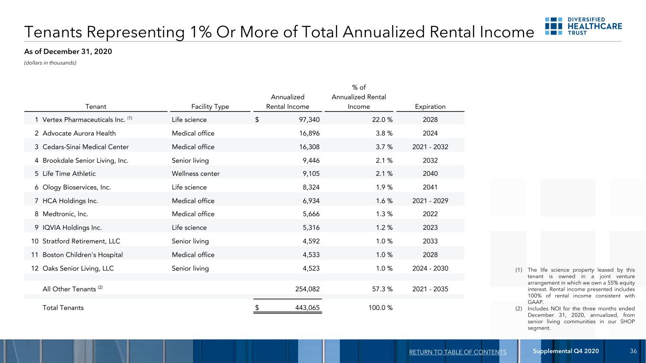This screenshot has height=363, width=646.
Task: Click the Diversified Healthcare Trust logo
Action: click(583, 26)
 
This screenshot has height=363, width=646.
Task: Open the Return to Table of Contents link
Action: click(458, 352)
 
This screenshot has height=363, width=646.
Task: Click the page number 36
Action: click(633, 351)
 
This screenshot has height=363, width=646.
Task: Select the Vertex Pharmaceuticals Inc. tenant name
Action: click(84, 120)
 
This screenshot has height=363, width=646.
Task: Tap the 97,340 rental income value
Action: click(309, 120)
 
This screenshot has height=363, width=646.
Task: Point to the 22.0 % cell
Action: click(382, 120)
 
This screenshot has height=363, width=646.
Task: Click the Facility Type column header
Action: click(210, 107)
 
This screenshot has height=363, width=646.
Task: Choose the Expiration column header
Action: click(430, 107)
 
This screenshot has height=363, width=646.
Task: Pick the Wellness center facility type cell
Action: click(195, 174)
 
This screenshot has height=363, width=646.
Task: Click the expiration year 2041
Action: click(430, 187)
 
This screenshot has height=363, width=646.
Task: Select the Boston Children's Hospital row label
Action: click(83, 255)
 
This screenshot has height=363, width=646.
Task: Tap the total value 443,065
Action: click(308, 308)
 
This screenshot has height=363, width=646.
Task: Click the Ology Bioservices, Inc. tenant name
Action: click(77, 187)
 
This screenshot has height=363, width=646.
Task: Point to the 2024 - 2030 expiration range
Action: click(430, 268)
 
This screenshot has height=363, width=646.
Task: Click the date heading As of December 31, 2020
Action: click(68, 52)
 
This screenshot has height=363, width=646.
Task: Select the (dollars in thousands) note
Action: click(50, 63)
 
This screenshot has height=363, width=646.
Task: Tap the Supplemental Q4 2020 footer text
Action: click(566, 351)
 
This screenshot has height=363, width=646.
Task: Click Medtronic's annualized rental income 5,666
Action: click(311, 214)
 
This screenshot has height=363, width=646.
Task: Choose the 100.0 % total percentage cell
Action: click(381, 308)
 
